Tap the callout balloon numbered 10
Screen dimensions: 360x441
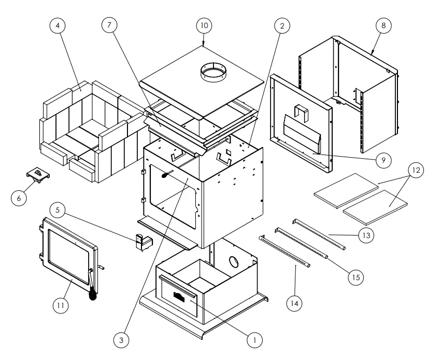click(x=204, y=25)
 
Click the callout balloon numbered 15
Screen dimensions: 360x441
click(x=354, y=278)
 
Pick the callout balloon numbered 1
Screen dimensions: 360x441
click(x=253, y=340)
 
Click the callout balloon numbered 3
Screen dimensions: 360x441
click(x=121, y=340)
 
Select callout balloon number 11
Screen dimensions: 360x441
click(x=60, y=306)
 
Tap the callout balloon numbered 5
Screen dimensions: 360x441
click(x=58, y=210)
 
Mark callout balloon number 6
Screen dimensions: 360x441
click(x=20, y=198)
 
